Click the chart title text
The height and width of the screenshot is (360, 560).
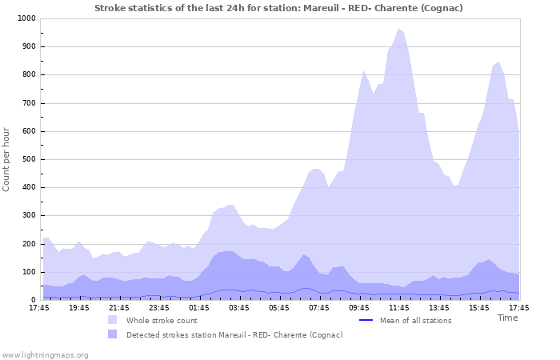pyautogui.click(x=278, y=8)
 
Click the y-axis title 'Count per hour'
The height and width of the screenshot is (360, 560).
pyautogui.click(x=6, y=158)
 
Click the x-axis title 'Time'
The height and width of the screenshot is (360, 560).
pyautogui.click(x=507, y=318)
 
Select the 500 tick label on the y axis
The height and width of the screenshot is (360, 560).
pyautogui.click(x=28, y=159)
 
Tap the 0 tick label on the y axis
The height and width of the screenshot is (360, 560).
pyautogui.click(x=33, y=300)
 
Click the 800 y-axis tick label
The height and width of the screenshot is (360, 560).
pyautogui.click(x=28, y=75)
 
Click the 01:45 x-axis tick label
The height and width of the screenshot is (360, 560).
pyautogui.click(x=199, y=308)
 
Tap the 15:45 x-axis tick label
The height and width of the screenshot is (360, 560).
pyautogui.click(x=479, y=308)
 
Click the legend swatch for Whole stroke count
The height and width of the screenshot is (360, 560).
pyautogui.click(x=113, y=320)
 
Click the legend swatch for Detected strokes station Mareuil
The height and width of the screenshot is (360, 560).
pyautogui.click(x=113, y=334)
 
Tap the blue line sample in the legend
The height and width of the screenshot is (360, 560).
pyautogui.click(x=367, y=321)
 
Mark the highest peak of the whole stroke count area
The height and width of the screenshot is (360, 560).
pyautogui.click(x=398, y=29)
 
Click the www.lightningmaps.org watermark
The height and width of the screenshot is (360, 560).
pyautogui.click(x=46, y=354)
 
